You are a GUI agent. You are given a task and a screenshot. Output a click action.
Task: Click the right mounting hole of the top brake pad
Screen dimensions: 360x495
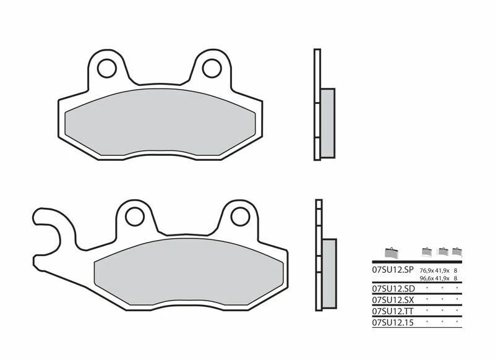212,67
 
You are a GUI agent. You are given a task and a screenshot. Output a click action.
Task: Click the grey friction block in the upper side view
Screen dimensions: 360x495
327,122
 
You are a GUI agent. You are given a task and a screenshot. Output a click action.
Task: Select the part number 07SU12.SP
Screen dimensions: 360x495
392,270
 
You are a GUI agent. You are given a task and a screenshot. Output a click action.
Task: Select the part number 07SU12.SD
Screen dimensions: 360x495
392,289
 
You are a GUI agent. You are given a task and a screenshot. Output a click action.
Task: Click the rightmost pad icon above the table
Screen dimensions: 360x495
457,252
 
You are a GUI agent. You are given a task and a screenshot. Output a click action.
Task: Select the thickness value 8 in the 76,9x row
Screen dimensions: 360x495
455,271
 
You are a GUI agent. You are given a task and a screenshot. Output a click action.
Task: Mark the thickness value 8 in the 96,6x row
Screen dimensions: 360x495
455,279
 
